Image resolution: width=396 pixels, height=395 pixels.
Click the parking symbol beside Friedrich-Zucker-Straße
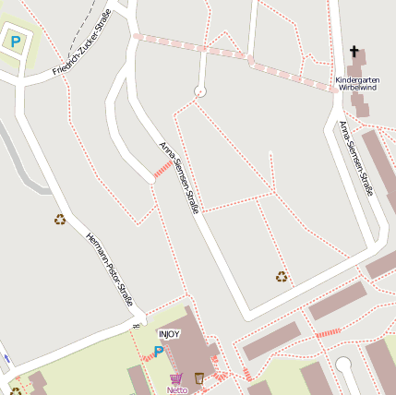pyautogui.click(x=15, y=41)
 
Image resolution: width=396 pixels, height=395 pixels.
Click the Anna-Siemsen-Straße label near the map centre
pyautogui.click(x=179, y=177)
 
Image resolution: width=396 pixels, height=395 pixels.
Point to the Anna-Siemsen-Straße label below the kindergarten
pyautogui.click(x=354, y=158)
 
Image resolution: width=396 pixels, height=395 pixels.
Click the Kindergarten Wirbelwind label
pyautogui.click(x=357, y=83)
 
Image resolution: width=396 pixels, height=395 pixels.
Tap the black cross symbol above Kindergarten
pyautogui.click(x=354, y=52)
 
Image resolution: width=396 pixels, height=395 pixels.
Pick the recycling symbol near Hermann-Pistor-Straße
pyautogui.click(x=60, y=219)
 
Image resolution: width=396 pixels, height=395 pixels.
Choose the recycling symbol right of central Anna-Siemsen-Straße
pyautogui.click(x=282, y=275)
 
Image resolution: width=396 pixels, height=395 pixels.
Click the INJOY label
pyautogui.click(x=170, y=334)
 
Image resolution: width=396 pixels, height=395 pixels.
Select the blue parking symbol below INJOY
pyautogui.click(x=159, y=351)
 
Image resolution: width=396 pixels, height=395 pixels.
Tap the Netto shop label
pyautogui.click(x=176, y=389)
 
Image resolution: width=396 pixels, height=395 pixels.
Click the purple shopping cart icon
pyautogui.click(x=175, y=378)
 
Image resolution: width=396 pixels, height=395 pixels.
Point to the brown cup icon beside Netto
pyautogui.click(x=199, y=377)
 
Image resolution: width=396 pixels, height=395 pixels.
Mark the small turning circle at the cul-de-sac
pyautogui.click(x=199, y=90)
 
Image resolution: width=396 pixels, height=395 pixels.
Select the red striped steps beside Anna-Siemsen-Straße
pyautogui.click(x=162, y=169)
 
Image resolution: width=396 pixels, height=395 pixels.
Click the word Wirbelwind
pyautogui.click(x=357, y=88)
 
